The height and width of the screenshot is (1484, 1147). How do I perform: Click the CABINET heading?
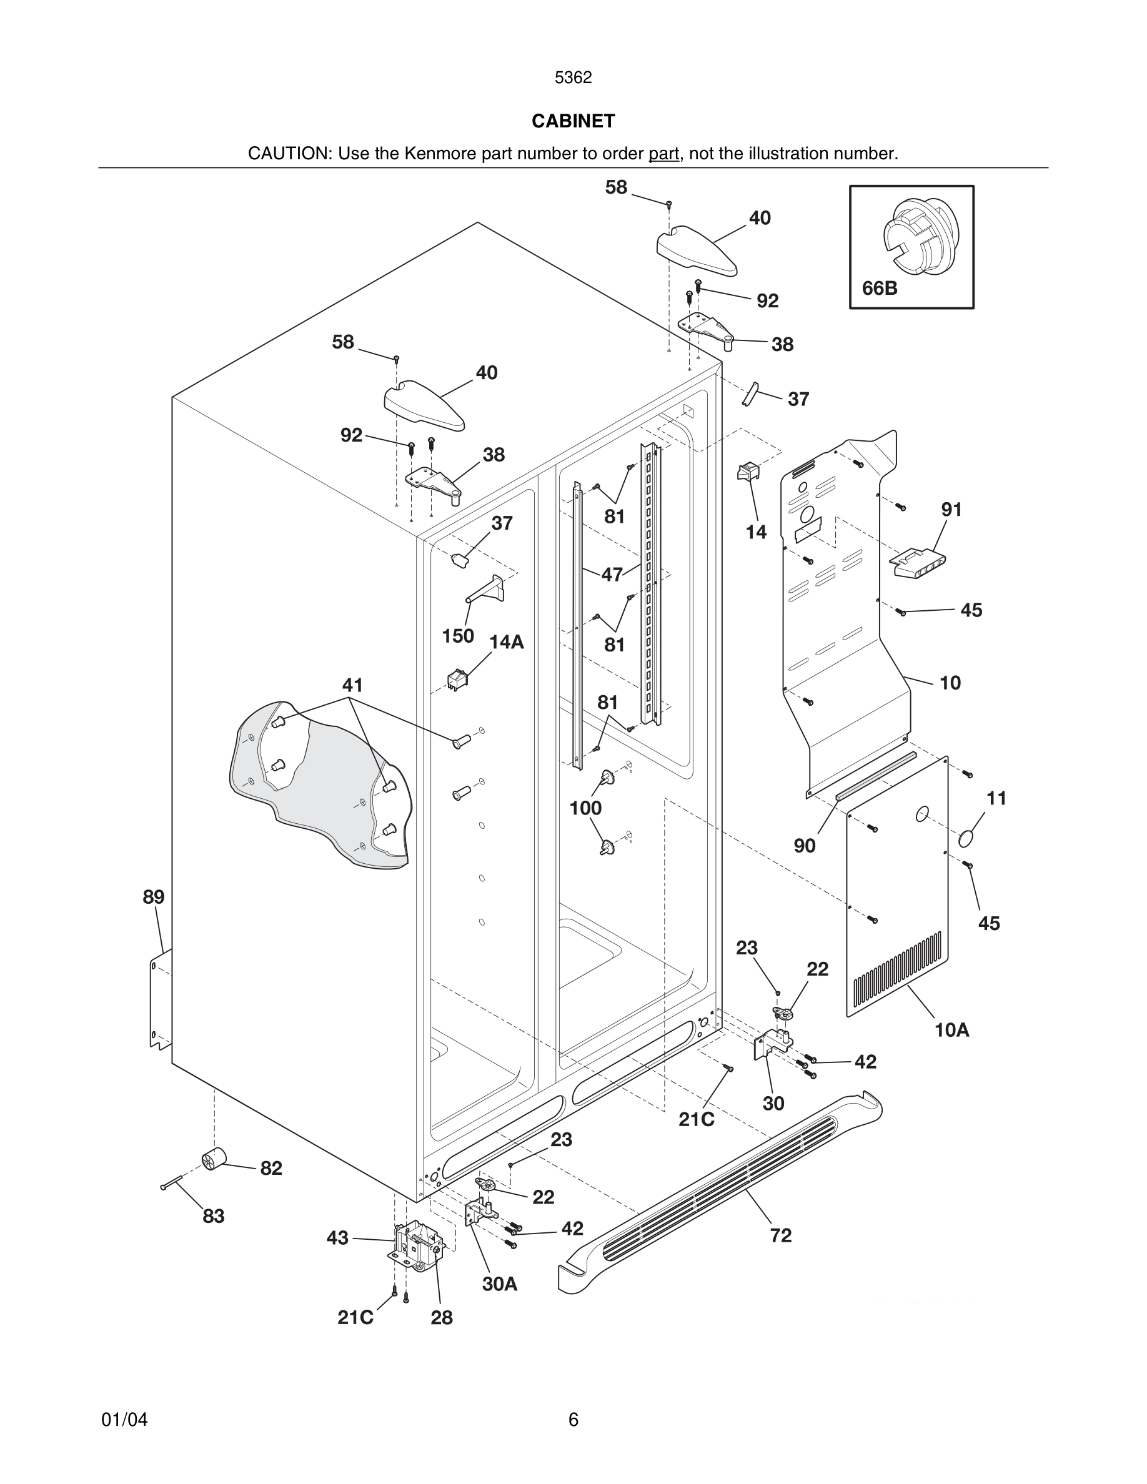point(573,121)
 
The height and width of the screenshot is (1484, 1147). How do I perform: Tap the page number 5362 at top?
point(573,78)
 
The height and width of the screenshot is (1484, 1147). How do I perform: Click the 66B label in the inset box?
point(879,289)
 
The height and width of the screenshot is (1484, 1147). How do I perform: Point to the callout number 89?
point(154,897)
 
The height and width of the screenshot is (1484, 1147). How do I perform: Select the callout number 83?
point(214,1216)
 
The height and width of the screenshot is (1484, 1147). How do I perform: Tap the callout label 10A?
point(951,1031)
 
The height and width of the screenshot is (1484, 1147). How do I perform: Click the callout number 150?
point(458,636)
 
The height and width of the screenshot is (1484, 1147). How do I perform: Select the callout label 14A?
point(507,642)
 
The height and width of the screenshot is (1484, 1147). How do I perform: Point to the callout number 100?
point(585,808)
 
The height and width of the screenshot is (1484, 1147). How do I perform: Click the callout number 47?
point(612,574)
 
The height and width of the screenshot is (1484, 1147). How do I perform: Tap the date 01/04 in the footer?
point(124,1420)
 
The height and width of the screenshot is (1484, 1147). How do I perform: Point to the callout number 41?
point(352,685)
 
